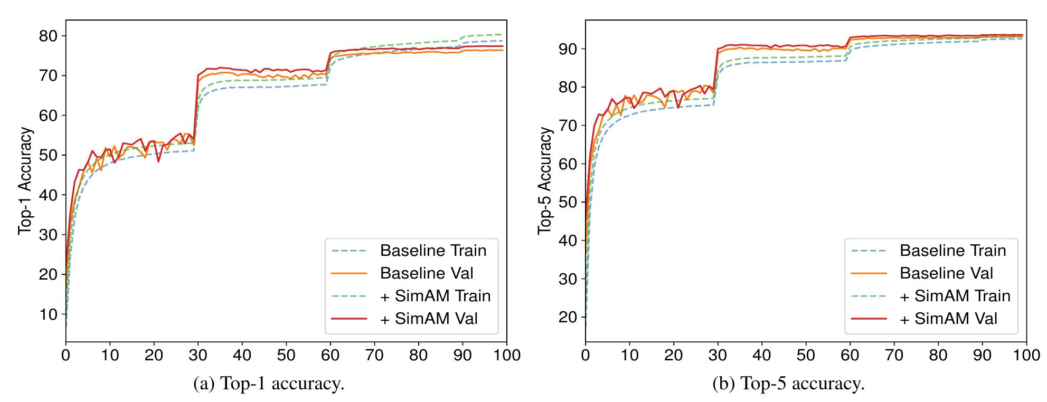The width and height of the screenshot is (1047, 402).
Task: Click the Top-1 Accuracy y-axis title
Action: pos(25,181)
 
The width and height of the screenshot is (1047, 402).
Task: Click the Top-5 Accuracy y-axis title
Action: pos(545,181)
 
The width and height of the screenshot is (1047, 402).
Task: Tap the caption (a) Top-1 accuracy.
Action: pos(269,384)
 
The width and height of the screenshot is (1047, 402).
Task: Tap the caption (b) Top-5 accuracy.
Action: pos(788,384)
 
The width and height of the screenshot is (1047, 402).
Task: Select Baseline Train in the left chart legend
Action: pos(433,250)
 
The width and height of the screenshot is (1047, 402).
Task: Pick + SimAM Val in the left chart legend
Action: pos(429,318)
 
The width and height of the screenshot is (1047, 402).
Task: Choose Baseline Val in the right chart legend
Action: pos(946,273)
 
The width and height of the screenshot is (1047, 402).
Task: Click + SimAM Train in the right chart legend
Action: pos(955,295)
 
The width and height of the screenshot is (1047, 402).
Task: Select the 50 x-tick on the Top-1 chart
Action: pos(286,355)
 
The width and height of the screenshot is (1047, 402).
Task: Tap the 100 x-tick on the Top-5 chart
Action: pos(1026,355)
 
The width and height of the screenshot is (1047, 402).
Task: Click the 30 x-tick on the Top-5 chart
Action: pos(718,355)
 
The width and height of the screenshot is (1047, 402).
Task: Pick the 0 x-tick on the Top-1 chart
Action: pos(65,355)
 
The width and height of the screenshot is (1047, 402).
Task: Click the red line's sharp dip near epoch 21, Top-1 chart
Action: pos(158,161)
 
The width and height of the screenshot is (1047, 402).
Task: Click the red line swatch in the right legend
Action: pos(868,318)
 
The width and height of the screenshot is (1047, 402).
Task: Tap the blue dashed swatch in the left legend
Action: pos(348,250)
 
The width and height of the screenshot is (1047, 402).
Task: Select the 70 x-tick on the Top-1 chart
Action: pos(374,355)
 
